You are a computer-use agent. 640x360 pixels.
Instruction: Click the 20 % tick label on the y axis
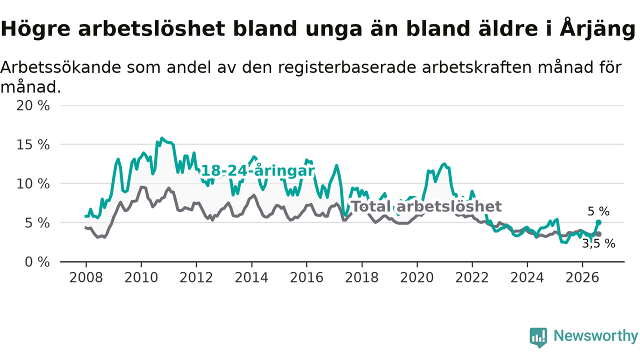pos(33,105)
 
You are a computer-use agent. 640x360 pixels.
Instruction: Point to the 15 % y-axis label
pos(33,145)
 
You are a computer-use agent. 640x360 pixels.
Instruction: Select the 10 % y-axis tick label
pos(33,184)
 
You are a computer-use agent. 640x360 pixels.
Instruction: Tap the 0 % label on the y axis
pos(37,262)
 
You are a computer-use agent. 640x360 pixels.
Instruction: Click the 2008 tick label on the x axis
pos(85,277)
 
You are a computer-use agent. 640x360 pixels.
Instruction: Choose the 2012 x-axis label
pos(196,277)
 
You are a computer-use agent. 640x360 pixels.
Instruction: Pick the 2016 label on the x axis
pos(306,277)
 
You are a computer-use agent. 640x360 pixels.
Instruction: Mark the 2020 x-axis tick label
pos(417,277)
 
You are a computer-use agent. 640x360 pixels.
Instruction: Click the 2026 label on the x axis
pos(582,277)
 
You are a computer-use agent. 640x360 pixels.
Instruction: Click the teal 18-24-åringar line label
pos(258,171)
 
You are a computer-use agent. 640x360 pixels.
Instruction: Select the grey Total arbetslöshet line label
pos(426,206)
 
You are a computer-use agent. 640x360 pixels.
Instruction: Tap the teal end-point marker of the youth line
pos(598,222)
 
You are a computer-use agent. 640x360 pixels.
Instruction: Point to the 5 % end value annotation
pos(598,211)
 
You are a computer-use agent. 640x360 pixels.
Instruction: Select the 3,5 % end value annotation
pos(599,243)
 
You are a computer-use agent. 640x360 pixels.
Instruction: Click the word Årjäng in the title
pos(597,29)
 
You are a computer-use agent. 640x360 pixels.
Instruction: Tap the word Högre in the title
pos(35,29)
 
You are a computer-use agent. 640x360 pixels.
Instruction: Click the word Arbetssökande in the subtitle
pos(60,67)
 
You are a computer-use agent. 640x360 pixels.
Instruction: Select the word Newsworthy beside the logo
pos(596,335)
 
